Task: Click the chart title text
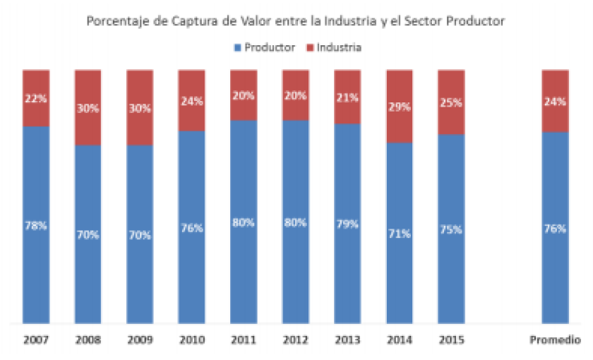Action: click(x=295, y=21)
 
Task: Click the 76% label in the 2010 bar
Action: click(x=191, y=229)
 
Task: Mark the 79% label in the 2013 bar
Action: click(x=347, y=224)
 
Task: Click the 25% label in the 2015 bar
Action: click(x=451, y=103)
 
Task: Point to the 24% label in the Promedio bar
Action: click(x=555, y=101)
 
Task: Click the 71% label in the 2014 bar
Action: click(x=399, y=234)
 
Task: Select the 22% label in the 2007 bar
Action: click(x=36, y=98)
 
